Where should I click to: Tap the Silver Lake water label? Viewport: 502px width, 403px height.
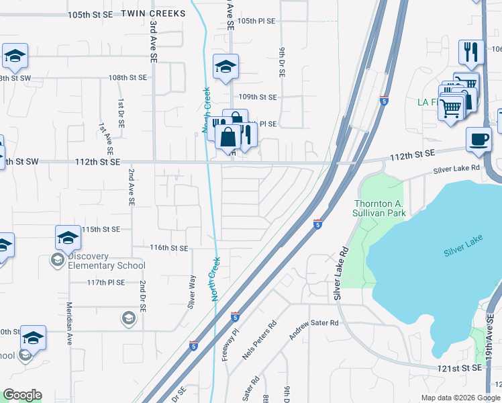462,252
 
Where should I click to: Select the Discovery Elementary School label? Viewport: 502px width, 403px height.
107,261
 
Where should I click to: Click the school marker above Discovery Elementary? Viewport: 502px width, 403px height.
68,238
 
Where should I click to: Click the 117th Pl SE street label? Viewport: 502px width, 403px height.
106,282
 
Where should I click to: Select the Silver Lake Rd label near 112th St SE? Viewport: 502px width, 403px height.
457,169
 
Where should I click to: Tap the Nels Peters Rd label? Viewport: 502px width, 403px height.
260,342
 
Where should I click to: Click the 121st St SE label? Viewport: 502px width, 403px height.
463,368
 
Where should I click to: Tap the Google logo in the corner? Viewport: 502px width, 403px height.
22,395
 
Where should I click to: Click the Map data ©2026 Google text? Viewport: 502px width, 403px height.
460,398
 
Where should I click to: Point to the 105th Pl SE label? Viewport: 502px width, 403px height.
256,21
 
